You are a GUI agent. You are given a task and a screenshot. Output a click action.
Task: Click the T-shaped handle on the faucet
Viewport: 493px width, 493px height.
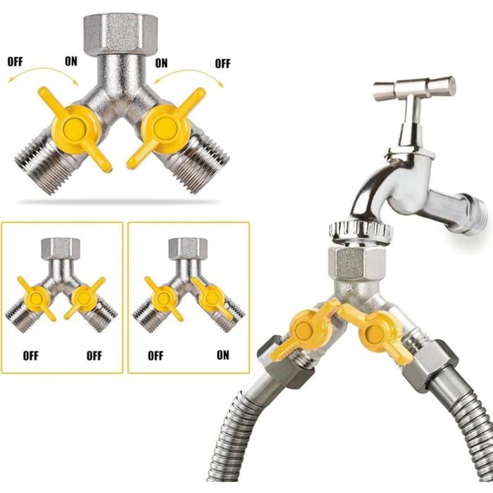pos(414,88)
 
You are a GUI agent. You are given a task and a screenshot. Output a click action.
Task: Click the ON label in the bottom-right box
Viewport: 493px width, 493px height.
pos(223,355)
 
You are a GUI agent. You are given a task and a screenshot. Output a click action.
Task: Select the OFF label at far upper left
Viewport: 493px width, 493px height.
pos(15,62)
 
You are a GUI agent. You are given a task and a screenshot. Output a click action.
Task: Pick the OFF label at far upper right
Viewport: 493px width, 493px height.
pos(223,63)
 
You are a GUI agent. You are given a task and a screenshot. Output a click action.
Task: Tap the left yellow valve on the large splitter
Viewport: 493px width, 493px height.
pos(75,128)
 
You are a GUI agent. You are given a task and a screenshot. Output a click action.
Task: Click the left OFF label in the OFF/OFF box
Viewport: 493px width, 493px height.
pos(30,356)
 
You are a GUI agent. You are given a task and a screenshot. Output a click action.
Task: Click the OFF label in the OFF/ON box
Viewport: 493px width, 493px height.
pos(156,356)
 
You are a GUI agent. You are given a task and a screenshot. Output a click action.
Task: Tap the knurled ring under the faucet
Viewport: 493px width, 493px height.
pos(361,232)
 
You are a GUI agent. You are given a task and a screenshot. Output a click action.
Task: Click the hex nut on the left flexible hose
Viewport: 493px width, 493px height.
pos(285,361)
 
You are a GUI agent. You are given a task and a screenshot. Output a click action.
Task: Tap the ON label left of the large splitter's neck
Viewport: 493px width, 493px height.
pos(71,61)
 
